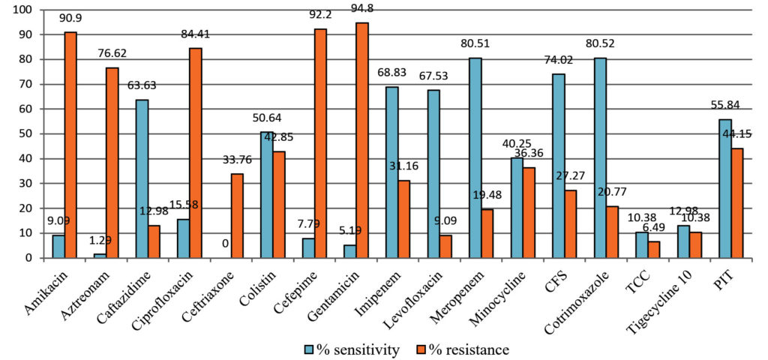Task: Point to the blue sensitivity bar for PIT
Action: [724, 188]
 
